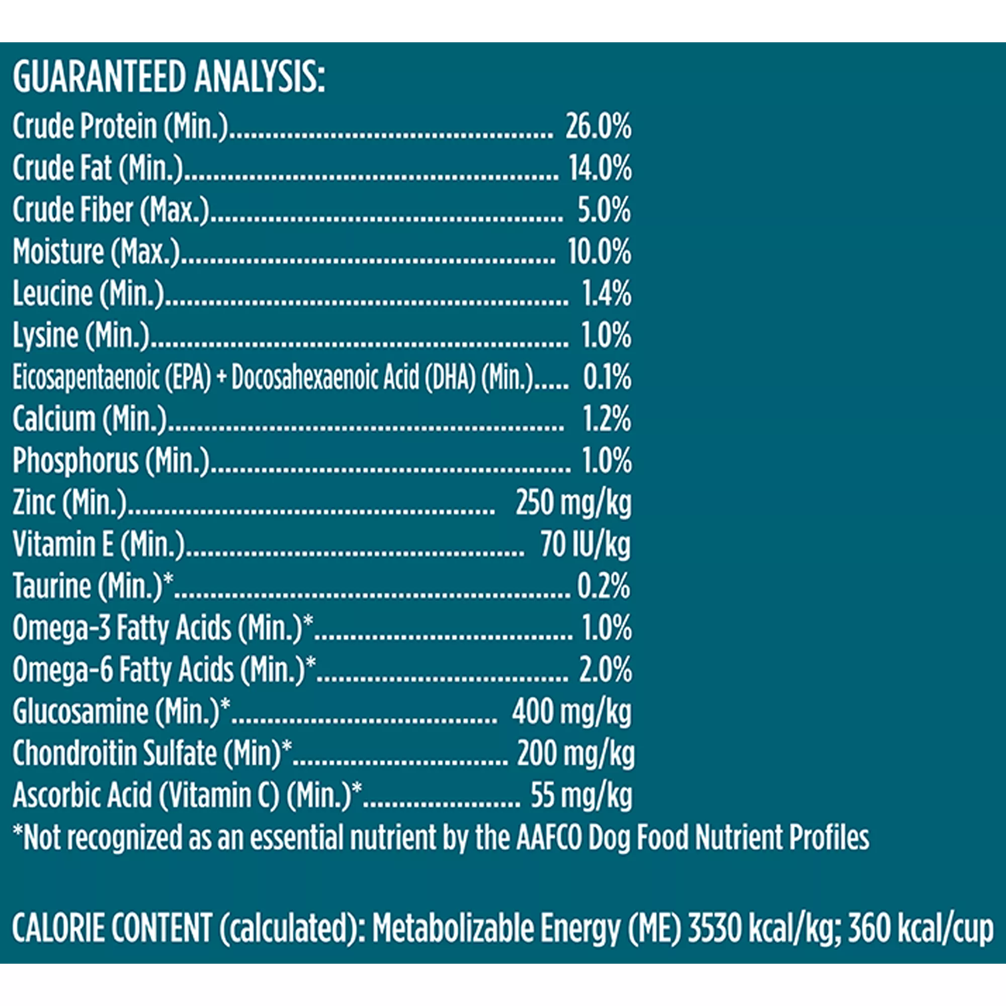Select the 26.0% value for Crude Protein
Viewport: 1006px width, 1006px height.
coord(598,127)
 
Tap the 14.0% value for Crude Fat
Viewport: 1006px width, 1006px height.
coord(600,169)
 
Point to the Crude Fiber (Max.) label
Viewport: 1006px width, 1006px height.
coord(110,210)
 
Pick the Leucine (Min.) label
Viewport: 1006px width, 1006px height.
coord(88,294)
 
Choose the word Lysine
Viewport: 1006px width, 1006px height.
coord(45,336)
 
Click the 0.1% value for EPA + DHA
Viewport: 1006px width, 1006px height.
coord(607,378)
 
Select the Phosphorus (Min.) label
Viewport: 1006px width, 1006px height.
coord(111,461)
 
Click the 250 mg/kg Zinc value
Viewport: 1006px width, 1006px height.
coord(573,504)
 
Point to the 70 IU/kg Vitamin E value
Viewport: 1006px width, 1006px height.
coord(585,545)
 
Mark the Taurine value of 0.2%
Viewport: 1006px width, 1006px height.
coord(604,587)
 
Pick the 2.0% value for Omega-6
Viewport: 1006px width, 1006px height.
coord(606,670)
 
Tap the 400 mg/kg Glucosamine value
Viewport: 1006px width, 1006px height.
coord(571,712)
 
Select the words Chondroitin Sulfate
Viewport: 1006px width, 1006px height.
coord(115,754)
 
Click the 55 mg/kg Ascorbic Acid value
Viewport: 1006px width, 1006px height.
coord(581,796)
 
